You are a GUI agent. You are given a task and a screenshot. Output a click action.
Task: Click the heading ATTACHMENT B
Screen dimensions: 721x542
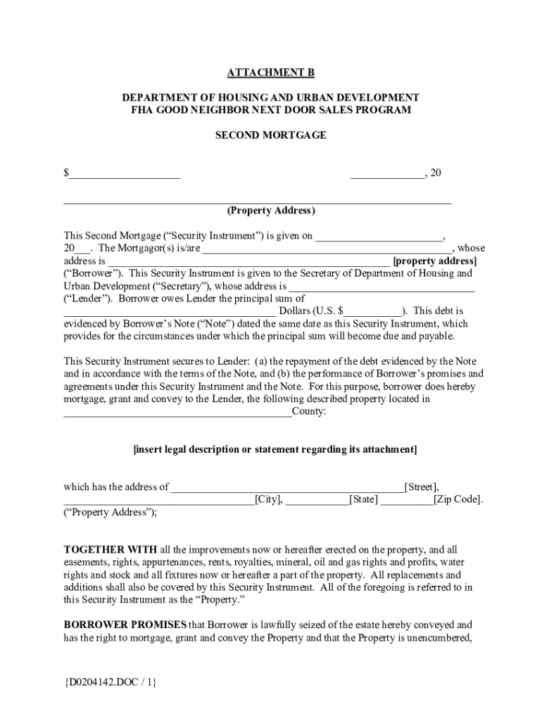pos(270,73)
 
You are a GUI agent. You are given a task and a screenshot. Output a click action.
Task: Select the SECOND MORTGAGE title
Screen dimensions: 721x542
pos(270,134)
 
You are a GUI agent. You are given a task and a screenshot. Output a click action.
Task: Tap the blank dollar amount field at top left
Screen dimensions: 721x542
pos(125,174)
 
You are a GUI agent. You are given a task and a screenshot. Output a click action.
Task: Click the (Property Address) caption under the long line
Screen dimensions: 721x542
pos(270,211)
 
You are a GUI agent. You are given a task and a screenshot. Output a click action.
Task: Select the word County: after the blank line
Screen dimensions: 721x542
pos(309,412)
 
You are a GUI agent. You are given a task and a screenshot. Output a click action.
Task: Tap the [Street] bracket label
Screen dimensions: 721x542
pos(421,487)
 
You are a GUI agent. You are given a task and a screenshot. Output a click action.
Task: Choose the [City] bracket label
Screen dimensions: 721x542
pos(269,500)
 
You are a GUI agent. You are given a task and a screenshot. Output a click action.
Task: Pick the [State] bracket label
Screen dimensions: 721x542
pos(364,500)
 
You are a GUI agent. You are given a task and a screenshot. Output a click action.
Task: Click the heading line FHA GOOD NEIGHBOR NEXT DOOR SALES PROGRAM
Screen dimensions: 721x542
pos(270,110)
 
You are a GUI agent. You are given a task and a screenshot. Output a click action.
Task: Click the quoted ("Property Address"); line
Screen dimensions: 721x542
pos(111,513)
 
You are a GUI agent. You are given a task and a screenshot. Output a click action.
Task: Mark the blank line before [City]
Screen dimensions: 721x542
pos(159,501)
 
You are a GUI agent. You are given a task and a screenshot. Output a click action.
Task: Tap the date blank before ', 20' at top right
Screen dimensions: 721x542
pos(387,174)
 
